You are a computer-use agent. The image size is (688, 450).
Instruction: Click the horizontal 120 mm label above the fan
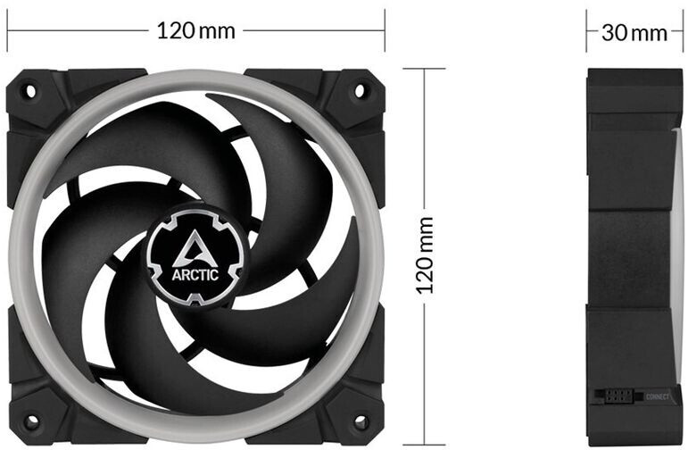pos(196,31)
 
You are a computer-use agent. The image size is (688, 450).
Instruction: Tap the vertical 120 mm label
pos(426,255)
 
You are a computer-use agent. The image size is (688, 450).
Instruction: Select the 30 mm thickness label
pos(634,33)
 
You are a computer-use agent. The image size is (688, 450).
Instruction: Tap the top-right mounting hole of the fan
pos(361,90)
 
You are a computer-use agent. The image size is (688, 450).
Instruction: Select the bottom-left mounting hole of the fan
pos(29,420)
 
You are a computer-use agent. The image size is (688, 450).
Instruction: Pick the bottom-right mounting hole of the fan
pos(361,420)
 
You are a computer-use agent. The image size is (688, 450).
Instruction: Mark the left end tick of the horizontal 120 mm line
pos(7,31)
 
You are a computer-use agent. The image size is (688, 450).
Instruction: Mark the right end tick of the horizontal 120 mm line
pos(385,31)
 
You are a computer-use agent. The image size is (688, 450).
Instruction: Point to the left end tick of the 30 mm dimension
pos(587,32)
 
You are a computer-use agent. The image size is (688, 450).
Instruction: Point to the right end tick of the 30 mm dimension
pos(682,32)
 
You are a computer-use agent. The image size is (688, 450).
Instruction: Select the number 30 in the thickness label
pos(615,33)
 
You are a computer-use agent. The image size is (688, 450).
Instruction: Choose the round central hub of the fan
pos(196,252)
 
